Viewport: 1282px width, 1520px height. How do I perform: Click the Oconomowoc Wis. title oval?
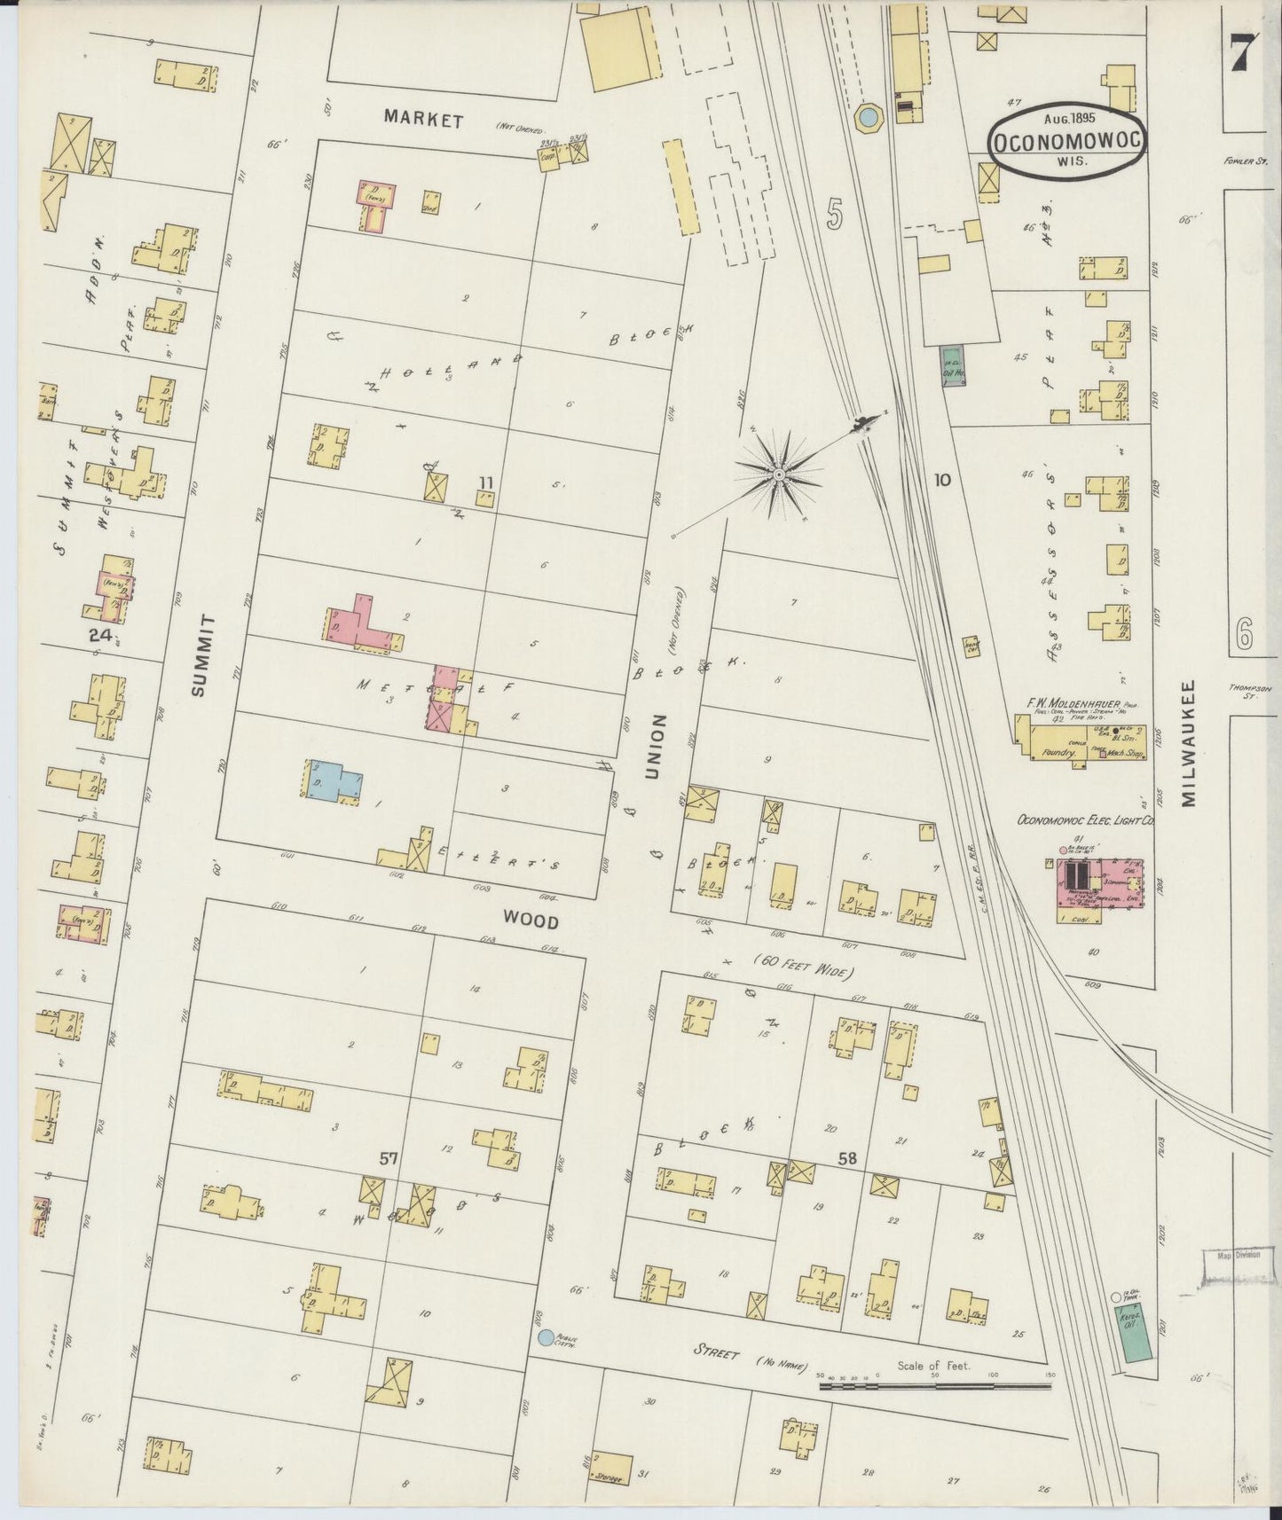click(1066, 142)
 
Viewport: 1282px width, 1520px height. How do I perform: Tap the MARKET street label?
click(424, 121)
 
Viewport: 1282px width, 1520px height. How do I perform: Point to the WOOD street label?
click(531, 922)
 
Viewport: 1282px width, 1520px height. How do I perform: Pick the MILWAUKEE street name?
click(1190, 743)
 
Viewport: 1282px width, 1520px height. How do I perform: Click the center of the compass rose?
click(778, 476)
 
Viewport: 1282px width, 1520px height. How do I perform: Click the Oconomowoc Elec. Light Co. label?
click(1086, 821)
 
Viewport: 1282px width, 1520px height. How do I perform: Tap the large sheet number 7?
click(1241, 58)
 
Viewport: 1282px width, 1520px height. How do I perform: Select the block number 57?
click(389, 1158)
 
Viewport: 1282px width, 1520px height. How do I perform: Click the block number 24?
click(99, 635)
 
